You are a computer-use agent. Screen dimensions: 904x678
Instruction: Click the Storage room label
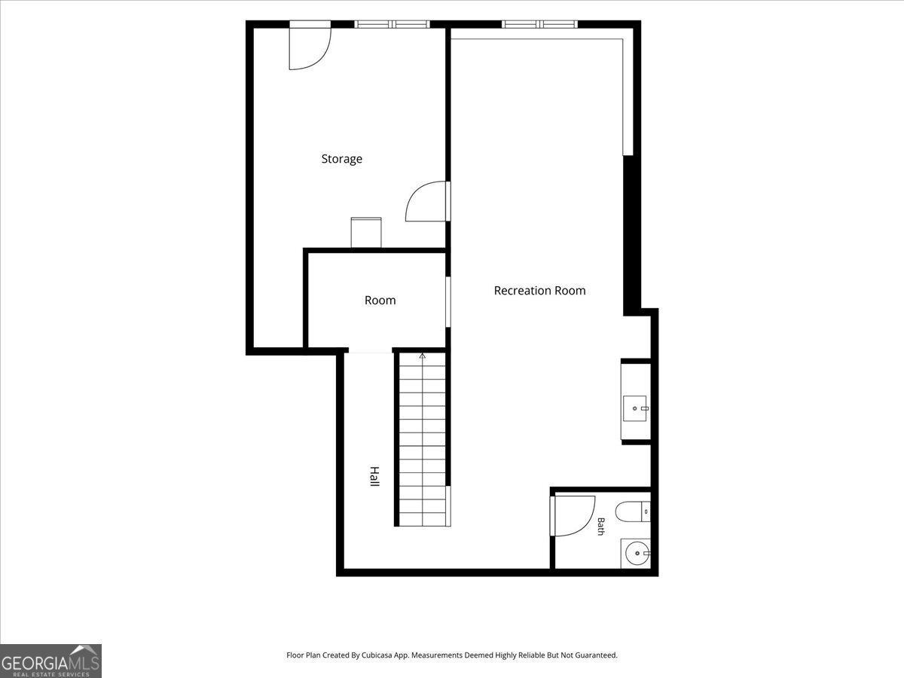[x=341, y=159]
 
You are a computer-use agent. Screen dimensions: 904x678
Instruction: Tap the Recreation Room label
[x=539, y=291]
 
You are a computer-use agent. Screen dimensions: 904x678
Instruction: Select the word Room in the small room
[x=380, y=300]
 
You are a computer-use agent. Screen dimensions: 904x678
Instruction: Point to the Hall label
[x=374, y=477]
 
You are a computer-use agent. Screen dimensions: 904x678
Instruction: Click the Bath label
[x=601, y=527]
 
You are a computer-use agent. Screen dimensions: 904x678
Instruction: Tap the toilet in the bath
[x=633, y=512]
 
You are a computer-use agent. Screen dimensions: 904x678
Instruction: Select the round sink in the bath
[x=637, y=553]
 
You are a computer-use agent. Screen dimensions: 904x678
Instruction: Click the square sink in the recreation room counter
[x=634, y=408]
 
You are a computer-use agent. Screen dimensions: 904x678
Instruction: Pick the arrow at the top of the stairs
[x=422, y=356]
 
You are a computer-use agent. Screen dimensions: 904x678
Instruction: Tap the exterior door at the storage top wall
[x=310, y=45]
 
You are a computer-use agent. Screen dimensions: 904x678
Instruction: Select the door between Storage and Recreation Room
[x=427, y=201]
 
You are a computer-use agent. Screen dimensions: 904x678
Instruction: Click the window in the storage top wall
[x=392, y=24]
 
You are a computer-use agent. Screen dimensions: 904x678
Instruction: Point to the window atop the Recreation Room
[x=539, y=24]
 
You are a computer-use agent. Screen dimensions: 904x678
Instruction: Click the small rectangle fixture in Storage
[x=366, y=233]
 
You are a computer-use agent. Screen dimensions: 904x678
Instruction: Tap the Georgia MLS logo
[x=50, y=661]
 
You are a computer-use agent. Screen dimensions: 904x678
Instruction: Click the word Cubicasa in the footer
[x=377, y=655]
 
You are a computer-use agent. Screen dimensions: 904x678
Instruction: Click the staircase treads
[x=423, y=440]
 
